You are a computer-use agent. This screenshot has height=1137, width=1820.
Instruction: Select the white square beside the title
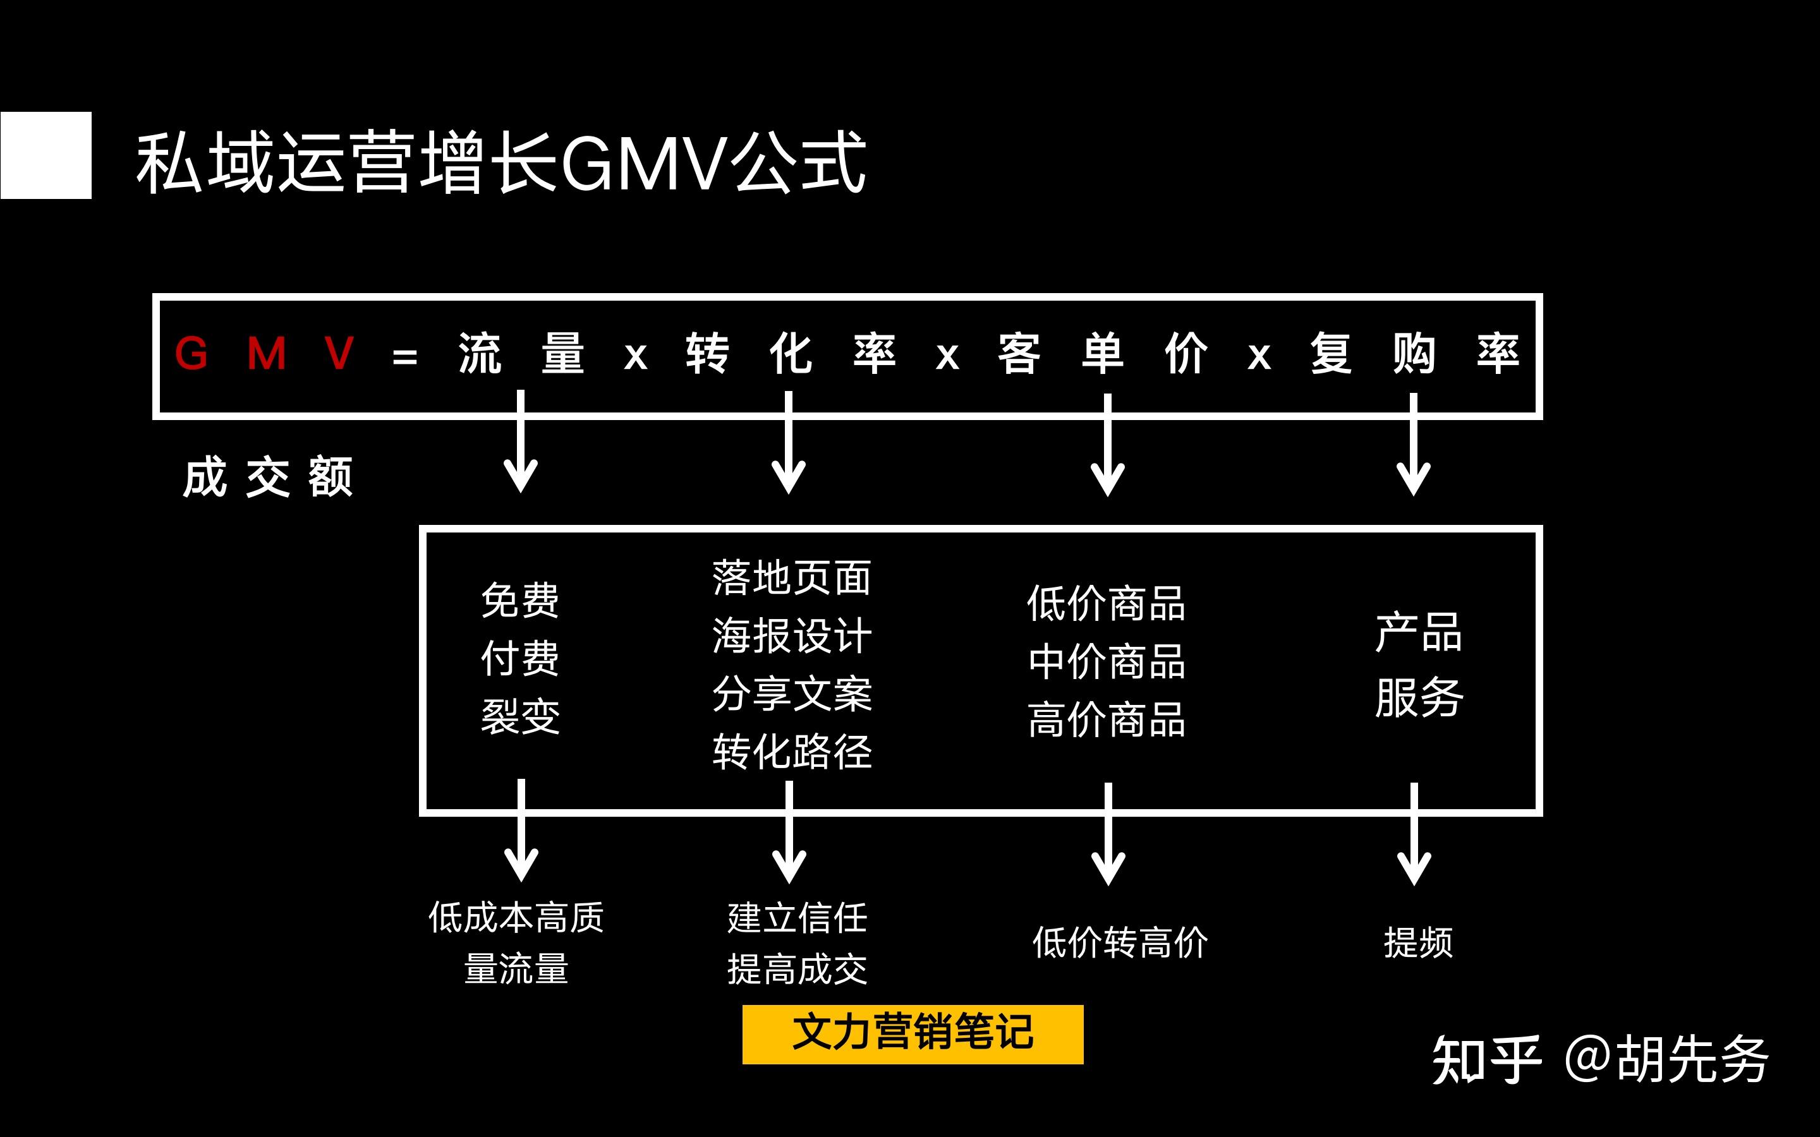(46, 155)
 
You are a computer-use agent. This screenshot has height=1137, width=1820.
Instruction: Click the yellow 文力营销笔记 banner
(913, 1034)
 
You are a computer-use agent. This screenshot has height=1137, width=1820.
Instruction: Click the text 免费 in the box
(519, 600)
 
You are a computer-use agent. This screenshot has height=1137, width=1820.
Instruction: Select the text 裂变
(519, 716)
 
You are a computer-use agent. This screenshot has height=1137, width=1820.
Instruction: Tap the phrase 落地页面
(791, 577)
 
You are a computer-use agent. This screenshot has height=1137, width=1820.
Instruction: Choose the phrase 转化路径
(791, 751)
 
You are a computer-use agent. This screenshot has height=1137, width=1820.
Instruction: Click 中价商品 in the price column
(1107, 662)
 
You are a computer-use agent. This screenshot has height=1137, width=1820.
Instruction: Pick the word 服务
(1418, 697)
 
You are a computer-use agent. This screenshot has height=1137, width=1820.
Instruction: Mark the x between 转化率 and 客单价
(947, 356)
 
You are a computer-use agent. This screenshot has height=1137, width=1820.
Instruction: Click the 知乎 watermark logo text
(1485, 1059)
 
